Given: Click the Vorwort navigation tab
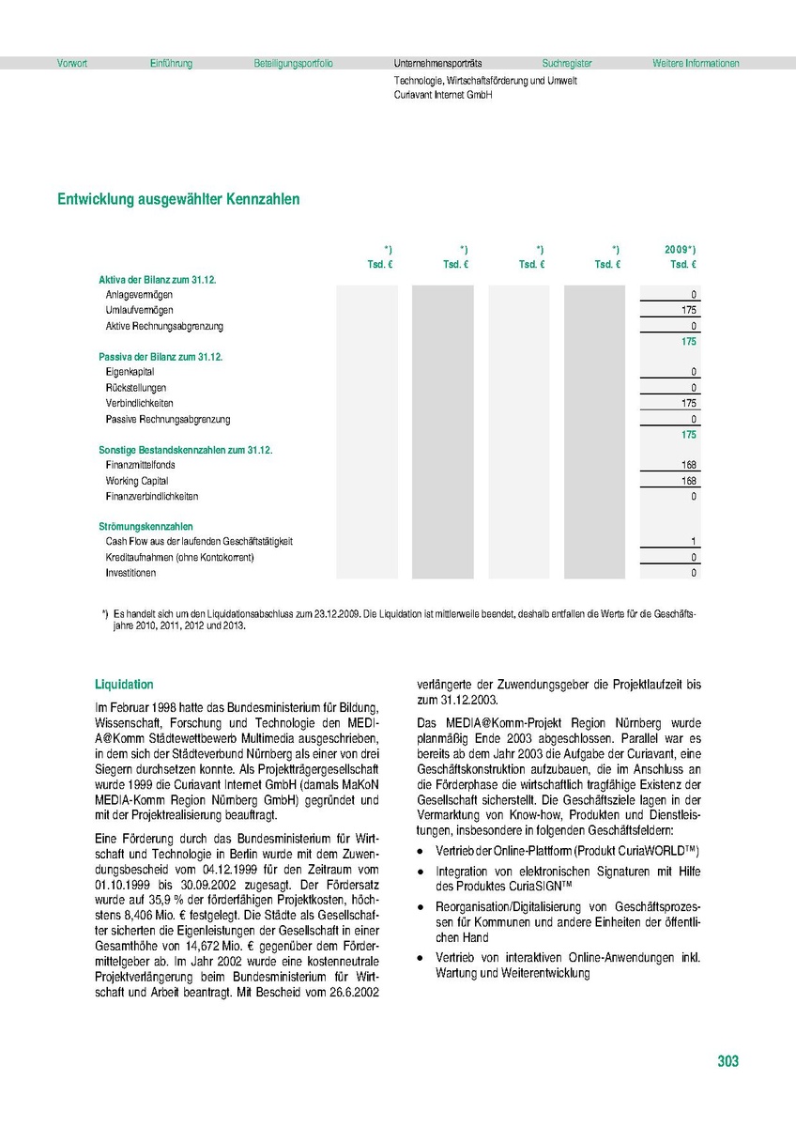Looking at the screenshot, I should [x=72, y=64].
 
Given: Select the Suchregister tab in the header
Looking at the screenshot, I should [x=567, y=64].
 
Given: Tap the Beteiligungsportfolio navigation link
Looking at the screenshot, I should [x=293, y=64].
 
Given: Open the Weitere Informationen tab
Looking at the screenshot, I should [x=696, y=64].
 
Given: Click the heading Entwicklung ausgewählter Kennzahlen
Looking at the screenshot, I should [x=178, y=199].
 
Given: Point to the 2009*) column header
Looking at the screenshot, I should [x=681, y=249].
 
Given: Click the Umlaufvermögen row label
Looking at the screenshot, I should [x=140, y=310].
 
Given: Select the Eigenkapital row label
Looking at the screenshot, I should [x=130, y=372].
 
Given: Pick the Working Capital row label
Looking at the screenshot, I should [x=137, y=481].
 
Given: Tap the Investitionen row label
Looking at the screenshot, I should [x=131, y=573].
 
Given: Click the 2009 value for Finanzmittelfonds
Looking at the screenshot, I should [x=689, y=465].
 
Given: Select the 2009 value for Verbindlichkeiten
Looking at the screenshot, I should [x=689, y=403].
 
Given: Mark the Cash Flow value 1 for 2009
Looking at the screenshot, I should [x=694, y=542].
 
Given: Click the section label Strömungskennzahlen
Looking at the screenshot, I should [x=145, y=527].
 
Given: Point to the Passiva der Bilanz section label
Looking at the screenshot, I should [x=161, y=357].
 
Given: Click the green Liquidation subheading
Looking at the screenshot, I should [x=124, y=685].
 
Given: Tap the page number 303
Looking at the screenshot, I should [x=727, y=1061].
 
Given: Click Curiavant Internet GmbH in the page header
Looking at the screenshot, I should [x=443, y=95].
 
